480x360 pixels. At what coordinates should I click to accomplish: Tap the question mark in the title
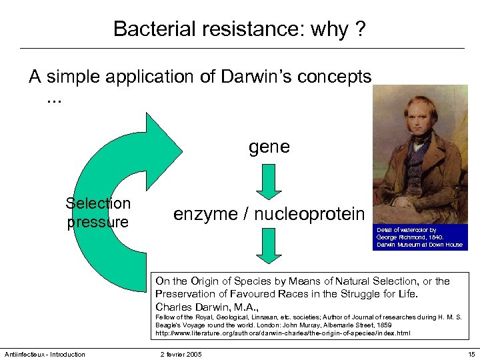click(x=360, y=29)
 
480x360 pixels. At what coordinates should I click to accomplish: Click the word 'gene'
click(x=269, y=146)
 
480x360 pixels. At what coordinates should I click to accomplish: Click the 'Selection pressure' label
click(x=98, y=213)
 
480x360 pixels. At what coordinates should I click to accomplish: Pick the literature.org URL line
click(x=283, y=333)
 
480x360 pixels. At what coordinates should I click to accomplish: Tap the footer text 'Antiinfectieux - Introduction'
click(x=45, y=354)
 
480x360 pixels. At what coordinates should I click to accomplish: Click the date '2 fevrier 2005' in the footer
click(x=181, y=354)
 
